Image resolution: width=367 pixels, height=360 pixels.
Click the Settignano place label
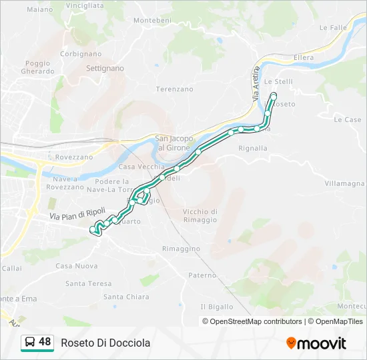105,68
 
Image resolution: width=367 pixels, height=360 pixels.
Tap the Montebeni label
152,21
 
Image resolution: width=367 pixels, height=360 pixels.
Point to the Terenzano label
174,89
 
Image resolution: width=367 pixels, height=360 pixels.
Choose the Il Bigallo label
217,307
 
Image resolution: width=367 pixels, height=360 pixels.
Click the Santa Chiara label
126,297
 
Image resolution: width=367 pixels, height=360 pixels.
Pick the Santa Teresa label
89,283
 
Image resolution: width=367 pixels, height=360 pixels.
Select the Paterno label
202,275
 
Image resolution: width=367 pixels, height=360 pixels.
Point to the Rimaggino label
181,249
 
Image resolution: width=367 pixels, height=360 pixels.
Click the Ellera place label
304,58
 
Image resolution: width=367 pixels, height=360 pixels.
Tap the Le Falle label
334,28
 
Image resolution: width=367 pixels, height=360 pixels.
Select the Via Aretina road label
256,83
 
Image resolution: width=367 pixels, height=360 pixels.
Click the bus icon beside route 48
30,343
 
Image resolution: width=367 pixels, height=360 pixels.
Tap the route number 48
45,342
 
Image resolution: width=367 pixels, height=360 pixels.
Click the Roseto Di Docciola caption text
105,343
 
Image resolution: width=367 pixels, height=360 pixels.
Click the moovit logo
316,343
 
